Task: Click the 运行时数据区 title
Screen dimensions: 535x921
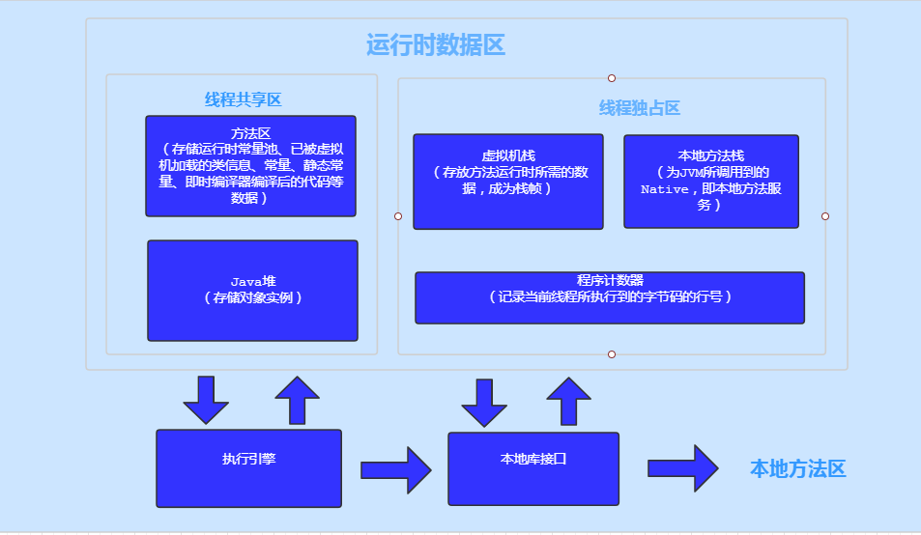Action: [436, 45]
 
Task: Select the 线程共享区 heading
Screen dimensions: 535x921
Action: [243, 99]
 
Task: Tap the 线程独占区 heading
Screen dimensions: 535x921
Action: [640, 107]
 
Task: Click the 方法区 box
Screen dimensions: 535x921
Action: [250, 166]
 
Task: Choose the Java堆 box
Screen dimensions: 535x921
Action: [252, 291]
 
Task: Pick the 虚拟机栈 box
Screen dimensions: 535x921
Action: [507, 182]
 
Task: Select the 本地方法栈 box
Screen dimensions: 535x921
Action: [710, 182]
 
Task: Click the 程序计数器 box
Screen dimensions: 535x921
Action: [609, 297]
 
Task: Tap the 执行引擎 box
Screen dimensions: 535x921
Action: [248, 468]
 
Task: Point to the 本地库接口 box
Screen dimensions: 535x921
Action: [532, 468]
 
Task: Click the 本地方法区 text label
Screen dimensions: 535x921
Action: [797, 469]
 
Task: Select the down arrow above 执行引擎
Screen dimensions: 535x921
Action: [206, 399]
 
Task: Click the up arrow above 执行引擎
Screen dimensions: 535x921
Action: [297, 399]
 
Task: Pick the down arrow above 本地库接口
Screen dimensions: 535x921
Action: [484, 402]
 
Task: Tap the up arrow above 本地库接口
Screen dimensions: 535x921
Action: [568, 400]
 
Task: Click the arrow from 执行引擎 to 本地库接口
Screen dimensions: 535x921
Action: [396, 470]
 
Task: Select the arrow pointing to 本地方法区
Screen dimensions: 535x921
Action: [682, 468]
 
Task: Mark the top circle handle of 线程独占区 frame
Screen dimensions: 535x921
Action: [612, 78]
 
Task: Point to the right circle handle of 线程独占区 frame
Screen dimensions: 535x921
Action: [825, 216]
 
